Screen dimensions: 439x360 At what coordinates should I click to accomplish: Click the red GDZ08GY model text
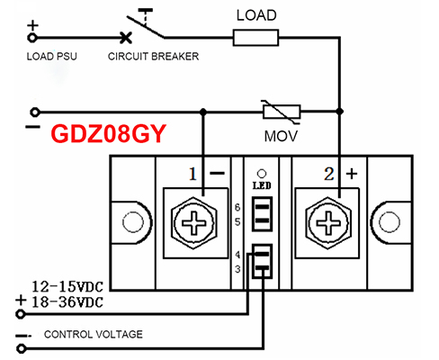click(x=109, y=134)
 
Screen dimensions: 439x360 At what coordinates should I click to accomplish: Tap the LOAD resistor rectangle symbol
click(x=255, y=38)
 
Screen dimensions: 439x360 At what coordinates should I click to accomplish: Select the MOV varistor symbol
click(x=282, y=112)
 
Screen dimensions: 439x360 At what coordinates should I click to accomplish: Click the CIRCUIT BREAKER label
click(x=153, y=57)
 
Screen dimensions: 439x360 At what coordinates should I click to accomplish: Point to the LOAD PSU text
click(x=52, y=57)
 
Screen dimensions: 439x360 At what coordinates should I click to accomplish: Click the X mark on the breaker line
click(x=126, y=38)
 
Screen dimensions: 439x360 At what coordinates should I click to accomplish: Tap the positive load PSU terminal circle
click(x=32, y=38)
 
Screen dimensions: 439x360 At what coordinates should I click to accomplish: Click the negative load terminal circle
click(x=35, y=112)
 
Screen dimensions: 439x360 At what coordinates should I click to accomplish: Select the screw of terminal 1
click(x=194, y=223)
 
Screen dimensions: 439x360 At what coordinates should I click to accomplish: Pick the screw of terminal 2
click(x=328, y=223)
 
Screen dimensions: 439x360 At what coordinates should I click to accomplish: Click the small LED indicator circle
click(x=262, y=174)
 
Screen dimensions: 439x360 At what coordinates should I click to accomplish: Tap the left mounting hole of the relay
click(x=133, y=222)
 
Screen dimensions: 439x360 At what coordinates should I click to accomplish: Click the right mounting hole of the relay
click(x=390, y=222)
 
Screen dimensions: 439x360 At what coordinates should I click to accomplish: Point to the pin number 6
click(x=237, y=207)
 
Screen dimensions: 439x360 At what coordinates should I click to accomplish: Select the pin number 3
click(x=237, y=269)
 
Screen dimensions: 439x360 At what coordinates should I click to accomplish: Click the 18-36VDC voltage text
click(x=67, y=302)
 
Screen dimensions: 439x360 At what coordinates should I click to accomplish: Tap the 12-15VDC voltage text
click(x=67, y=286)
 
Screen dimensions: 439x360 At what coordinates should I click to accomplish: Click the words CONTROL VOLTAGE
click(x=94, y=334)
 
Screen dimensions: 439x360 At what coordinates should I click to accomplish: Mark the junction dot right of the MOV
click(x=339, y=112)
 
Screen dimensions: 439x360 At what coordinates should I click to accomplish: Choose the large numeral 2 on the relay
click(x=329, y=174)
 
